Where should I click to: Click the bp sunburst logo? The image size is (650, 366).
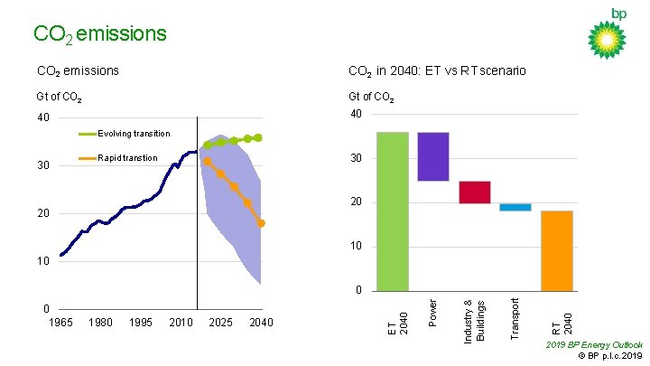click(607, 39)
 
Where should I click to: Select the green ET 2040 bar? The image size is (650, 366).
click(393, 211)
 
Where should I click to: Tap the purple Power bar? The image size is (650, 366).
click(433, 156)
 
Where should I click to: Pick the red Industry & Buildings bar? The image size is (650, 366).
click(474, 192)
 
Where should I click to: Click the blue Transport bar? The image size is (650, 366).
click(515, 207)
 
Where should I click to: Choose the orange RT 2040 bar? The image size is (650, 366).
click(557, 250)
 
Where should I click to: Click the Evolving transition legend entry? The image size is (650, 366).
click(134, 134)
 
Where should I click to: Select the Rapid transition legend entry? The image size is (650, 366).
click(126, 158)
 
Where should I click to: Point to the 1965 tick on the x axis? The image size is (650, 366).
click(60, 323)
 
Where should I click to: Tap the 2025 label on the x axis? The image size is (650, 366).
click(221, 323)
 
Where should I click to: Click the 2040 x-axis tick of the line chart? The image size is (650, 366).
click(261, 323)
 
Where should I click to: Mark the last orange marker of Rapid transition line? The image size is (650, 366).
click(261, 223)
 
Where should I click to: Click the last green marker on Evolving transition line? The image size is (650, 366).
click(258, 138)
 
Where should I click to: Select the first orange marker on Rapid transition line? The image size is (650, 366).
click(208, 161)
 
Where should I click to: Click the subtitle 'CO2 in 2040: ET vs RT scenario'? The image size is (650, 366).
click(437, 70)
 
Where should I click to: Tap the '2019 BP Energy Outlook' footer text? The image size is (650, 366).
click(595, 344)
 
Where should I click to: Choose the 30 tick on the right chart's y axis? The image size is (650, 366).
click(356, 158)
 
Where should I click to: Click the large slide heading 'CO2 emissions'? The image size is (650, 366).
click(99, 33)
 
